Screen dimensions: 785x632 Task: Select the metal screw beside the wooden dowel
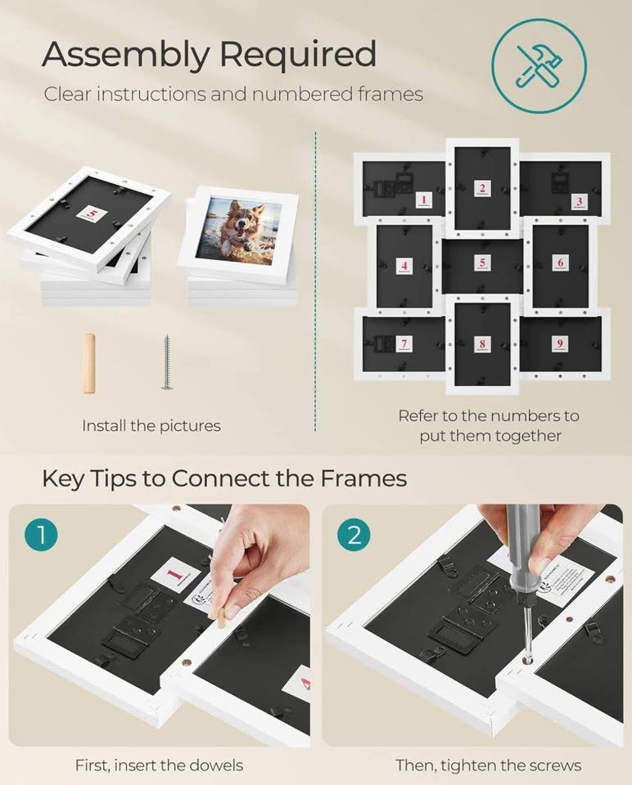tap(167, 361)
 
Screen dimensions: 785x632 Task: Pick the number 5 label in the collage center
tap(482, 263)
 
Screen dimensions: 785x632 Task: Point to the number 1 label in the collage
tap(423, 200)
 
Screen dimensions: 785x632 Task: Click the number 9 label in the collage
tap(558, 343)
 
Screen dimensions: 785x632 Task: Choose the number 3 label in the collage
tap(579, 201)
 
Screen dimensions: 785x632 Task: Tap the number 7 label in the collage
tap(404, 343)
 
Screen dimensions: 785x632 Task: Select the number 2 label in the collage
tap(482, 189)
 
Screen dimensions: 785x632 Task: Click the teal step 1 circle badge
tap(39, 536)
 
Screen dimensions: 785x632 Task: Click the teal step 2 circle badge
tap(354, 536)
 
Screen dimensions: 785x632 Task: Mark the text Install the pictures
tap(151, 425)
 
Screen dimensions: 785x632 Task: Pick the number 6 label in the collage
tap(559, 262)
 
